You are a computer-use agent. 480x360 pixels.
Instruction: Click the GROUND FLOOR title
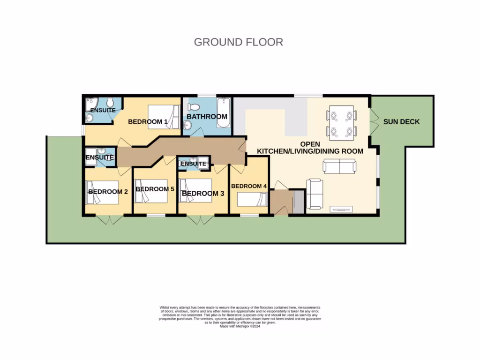(x=238, y=42)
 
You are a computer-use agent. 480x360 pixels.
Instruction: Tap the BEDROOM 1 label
(x=148, y=122)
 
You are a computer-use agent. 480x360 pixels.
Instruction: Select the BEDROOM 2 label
(x=108, y=192)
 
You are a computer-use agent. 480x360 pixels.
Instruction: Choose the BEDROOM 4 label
(x=249, y=186)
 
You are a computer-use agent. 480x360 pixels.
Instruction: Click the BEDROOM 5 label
(x=155, y=189)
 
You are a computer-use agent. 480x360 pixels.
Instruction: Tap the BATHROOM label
(x=207, y=116)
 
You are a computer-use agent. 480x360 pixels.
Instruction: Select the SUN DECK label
(x=401, y=122)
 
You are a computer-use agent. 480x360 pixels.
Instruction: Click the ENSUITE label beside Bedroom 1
(x=103, y=110)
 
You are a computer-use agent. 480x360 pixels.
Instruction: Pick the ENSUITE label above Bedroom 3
(x=193, y=164)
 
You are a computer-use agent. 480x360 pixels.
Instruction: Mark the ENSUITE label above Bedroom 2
(x=100, y=158)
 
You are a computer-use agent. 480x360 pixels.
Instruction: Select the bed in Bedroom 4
(x=252, y=200)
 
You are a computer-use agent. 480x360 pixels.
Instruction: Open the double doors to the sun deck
(x=374, y=122)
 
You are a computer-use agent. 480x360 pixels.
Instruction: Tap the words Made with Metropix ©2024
(x=240, y=326)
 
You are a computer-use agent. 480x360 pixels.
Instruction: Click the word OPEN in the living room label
(x=310, y=143)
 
